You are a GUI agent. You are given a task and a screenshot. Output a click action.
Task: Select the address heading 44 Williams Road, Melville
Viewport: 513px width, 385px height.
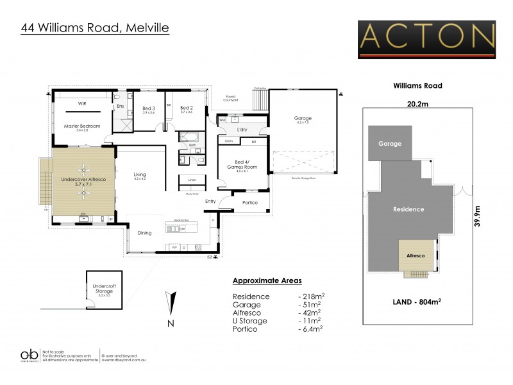95,28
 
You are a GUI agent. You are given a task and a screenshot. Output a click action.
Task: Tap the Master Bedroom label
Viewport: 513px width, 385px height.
82,126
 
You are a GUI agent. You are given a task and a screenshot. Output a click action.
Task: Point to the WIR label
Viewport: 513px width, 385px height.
82,103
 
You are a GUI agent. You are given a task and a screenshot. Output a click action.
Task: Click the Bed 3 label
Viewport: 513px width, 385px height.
148,108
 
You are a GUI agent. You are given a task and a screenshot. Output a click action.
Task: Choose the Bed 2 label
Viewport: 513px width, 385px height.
187,108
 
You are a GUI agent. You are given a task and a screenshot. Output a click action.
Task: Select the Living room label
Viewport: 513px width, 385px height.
140,175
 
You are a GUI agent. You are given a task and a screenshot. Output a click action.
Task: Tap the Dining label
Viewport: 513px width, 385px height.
145,233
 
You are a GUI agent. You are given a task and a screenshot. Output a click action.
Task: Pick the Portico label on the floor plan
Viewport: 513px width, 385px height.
249,203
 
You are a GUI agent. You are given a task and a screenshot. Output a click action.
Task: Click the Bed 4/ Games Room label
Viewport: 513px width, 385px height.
242,164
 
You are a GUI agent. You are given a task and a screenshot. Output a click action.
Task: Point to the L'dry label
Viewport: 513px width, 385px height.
242,130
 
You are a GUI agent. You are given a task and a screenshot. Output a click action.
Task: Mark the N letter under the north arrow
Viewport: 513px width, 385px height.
170,323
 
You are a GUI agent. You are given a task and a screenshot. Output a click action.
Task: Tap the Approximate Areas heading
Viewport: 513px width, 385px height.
266,281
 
